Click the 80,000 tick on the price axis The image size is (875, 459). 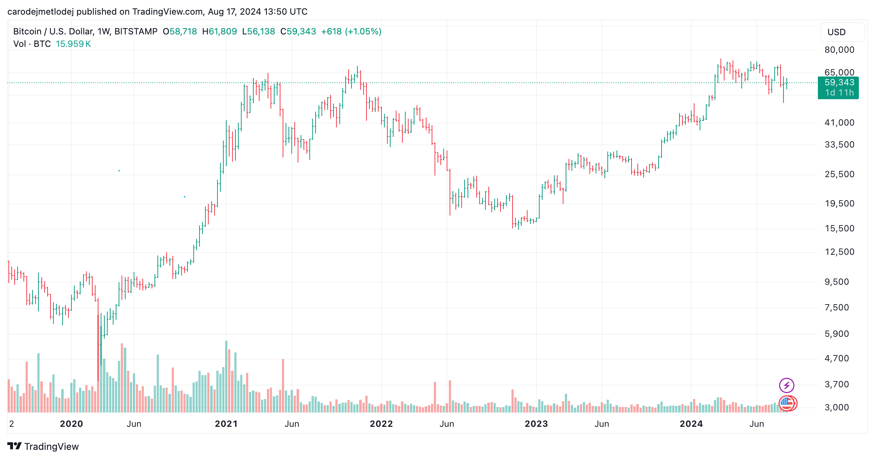tap(839, 50)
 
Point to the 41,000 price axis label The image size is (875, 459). tap(839, 123)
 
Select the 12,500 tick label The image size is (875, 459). tap(839, 252)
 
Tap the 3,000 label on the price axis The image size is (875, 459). tap(837, 407)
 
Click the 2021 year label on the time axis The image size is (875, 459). tap(226, 424)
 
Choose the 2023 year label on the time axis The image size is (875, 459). tap(536, 424)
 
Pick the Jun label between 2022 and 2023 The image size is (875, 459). tap(447, 424)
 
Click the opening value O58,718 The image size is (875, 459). tap(180, 31)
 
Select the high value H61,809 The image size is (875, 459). tap(219, 31)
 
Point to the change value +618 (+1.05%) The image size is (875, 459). tap(351, 31)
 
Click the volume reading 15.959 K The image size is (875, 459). tap(73, 44)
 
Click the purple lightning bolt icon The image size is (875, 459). tap(786, 385)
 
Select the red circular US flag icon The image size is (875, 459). tap(787, 404)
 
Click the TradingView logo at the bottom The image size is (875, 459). tap(43, 447)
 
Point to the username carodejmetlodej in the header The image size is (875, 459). tap(40, 12)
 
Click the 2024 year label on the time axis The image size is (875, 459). tap(691, 424)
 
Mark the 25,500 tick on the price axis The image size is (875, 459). tap(839, 174)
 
